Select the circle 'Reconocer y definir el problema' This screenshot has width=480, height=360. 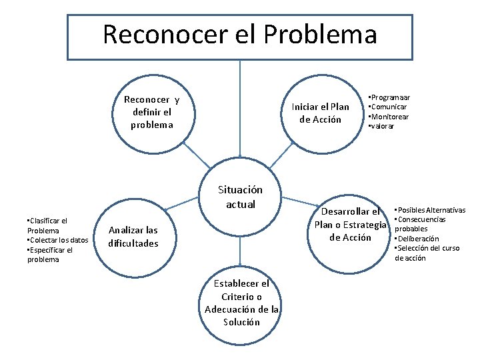[152, 111]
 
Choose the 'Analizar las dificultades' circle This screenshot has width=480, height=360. [134, 236]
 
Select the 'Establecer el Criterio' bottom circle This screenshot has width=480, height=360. [241, 303]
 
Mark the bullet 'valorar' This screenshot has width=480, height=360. [381, 126]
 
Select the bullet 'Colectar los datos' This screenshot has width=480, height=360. [57, 240]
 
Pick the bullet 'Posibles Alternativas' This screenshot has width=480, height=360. [430, 210]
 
